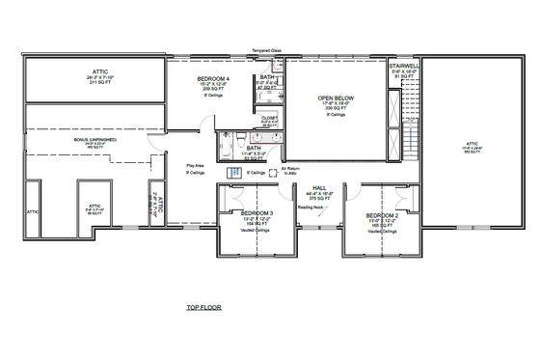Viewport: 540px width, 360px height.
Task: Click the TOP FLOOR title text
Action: coord(204,307)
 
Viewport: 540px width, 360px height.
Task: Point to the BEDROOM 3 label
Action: coord(257,212)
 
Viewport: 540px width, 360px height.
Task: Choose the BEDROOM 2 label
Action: coord(383,214)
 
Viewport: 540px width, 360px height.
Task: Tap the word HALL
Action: coord(318,188)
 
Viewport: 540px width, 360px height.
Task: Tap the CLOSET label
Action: coord(270,117)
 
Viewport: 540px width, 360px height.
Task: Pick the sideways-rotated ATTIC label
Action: coord(158,206)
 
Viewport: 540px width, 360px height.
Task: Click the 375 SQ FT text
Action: coord(318,199)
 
